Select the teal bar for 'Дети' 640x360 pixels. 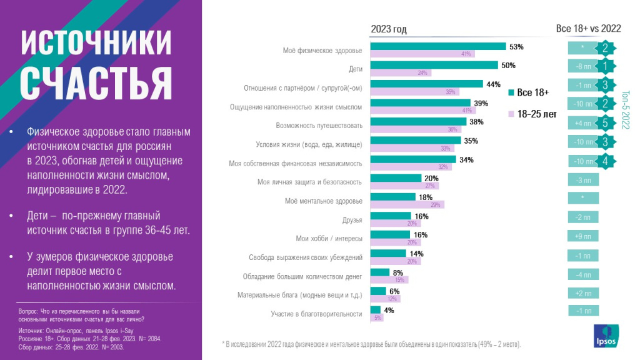(434, 65)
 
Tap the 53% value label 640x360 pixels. (516, 47)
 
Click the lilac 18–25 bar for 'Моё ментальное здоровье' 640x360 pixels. (407, 205)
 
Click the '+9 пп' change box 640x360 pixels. (582, 236)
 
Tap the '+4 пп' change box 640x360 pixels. (582, 123)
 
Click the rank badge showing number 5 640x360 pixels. (605, 123)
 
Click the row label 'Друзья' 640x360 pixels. (352, 220)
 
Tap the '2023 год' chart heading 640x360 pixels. (389, 29)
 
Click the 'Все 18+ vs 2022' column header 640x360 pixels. (588, 29)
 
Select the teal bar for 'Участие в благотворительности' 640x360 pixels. (375, 310)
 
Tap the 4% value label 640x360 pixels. (389, 311)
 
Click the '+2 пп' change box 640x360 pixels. (582, 292)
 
